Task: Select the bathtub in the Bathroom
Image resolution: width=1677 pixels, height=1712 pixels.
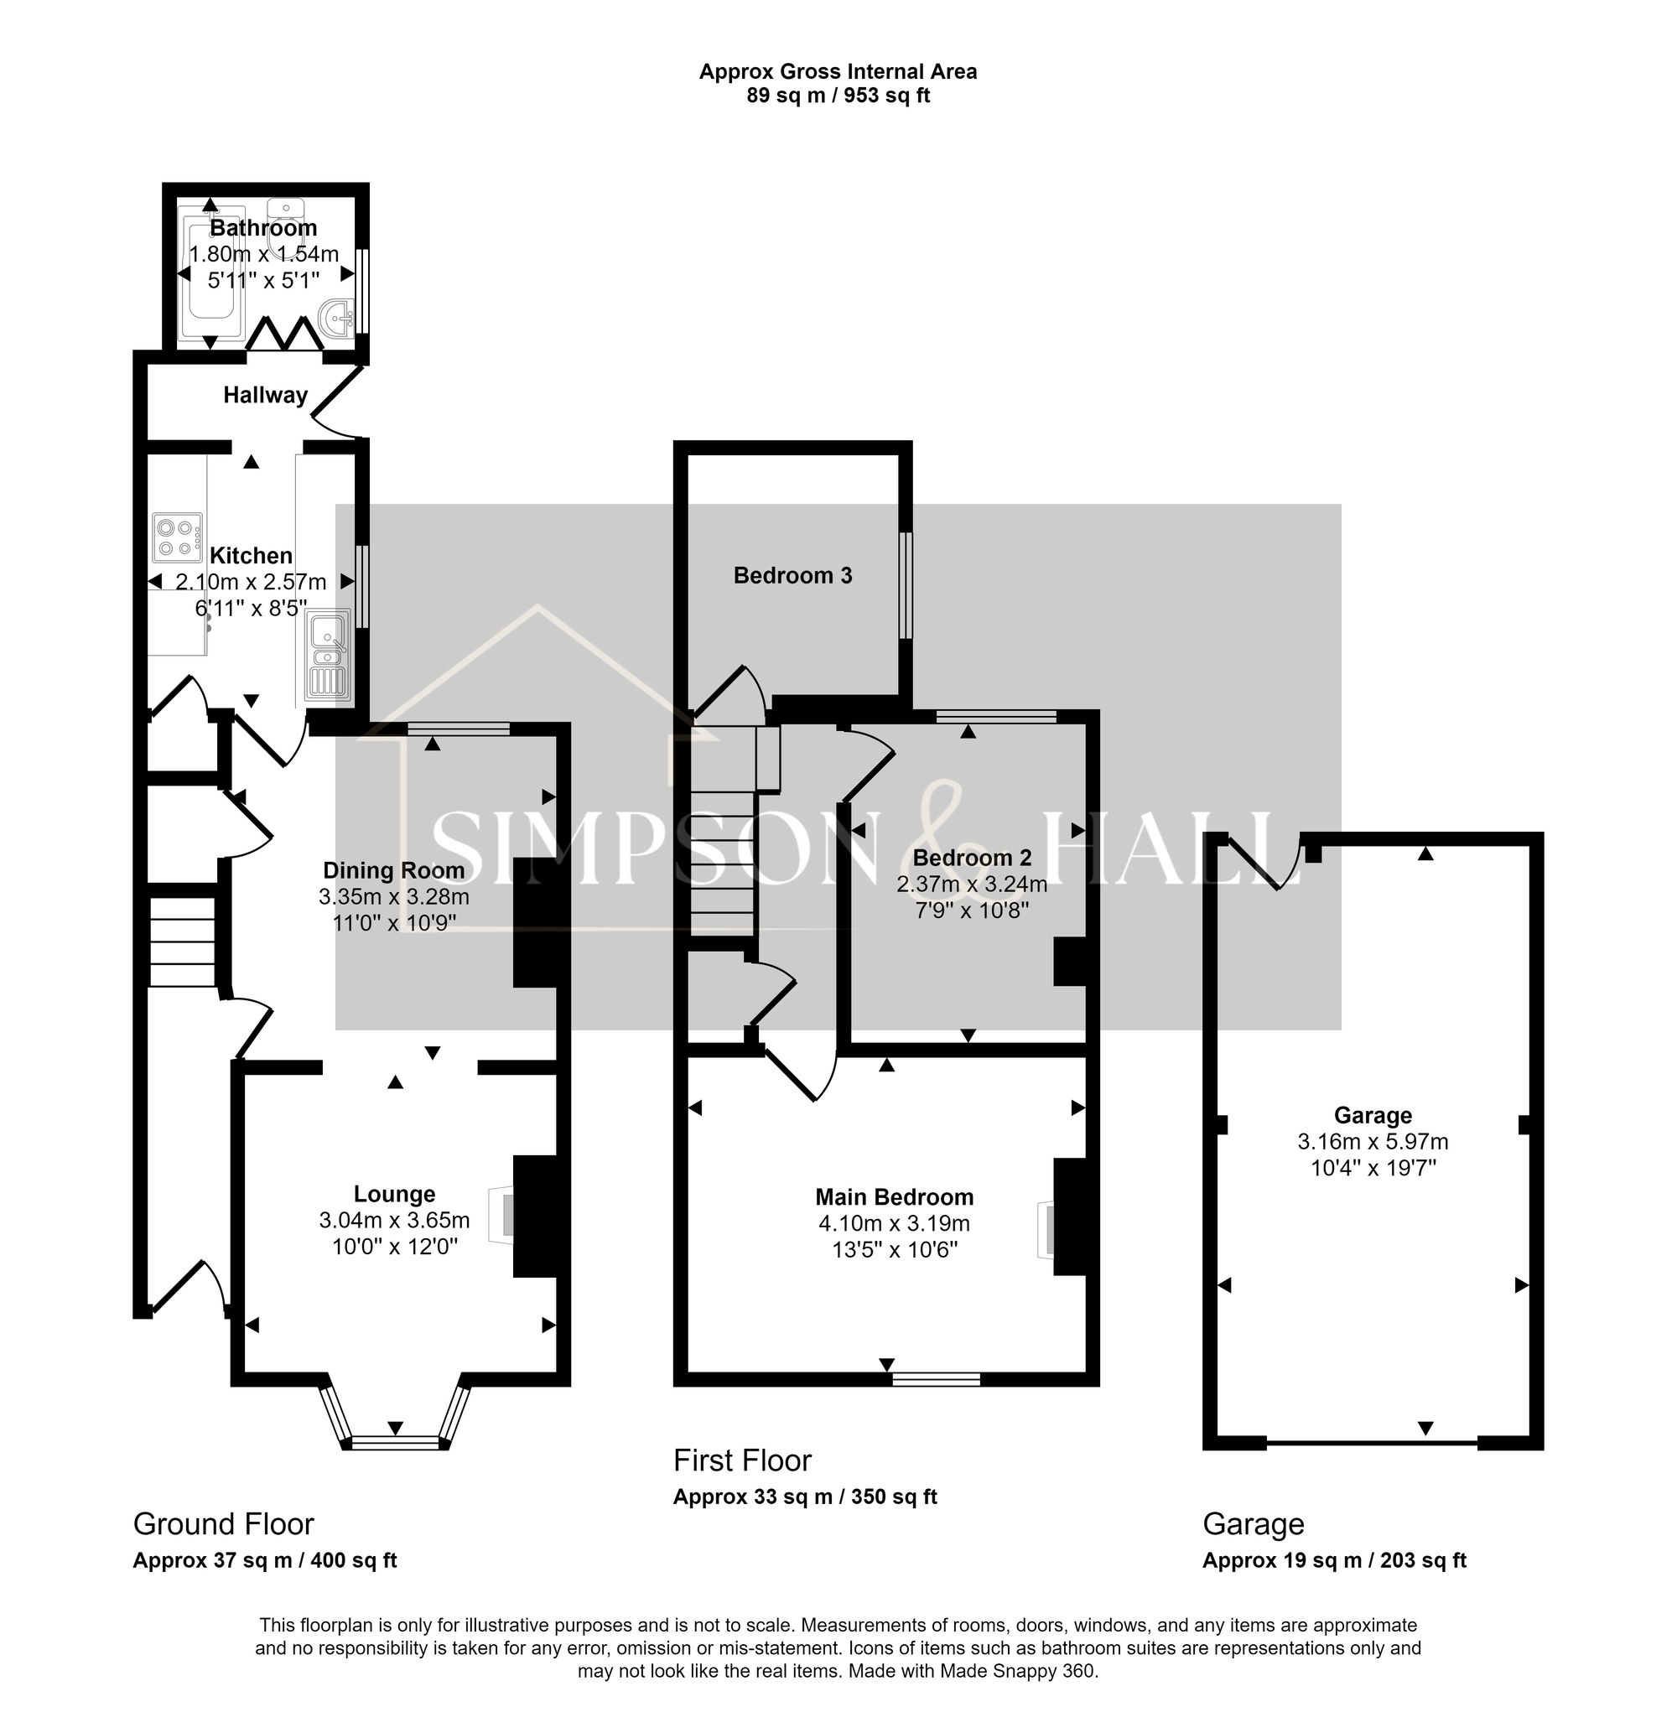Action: (x=210, y=273)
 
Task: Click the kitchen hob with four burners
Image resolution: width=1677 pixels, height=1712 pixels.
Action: (x=177, y=537)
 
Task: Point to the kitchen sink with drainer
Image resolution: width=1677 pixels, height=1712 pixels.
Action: (x=328, y=657)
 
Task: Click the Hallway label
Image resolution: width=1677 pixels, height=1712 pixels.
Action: (x=265, y=395)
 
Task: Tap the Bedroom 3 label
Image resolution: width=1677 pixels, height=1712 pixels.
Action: (x=792, y=575)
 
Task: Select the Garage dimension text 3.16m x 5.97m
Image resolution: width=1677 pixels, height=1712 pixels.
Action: (x=1373, y=1141)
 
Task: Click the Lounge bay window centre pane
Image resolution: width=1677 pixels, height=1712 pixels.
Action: (x=395, y=1442)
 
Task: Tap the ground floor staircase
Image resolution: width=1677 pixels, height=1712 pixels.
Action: (x=182, y=941)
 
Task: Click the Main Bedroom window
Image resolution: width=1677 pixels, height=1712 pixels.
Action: (x=936, y=1378)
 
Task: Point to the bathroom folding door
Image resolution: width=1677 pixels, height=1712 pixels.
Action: (x=284, y=335)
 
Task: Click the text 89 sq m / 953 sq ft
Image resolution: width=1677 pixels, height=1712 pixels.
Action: (x=838, y=95)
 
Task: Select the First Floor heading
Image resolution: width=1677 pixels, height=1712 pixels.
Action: (x=741, y=1460)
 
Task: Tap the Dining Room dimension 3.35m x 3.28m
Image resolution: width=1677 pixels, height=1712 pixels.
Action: (x=394, y=896)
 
